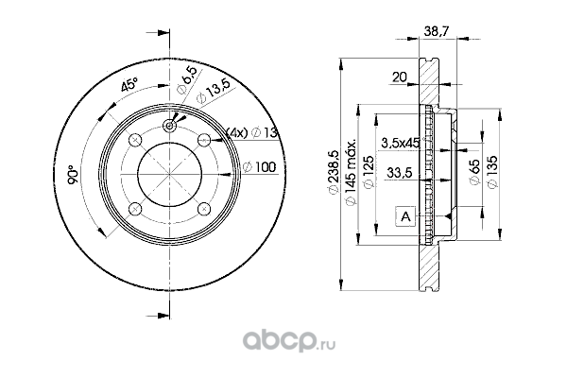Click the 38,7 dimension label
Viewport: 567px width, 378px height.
436,31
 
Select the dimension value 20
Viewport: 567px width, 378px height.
400,77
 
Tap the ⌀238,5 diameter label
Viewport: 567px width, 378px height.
334,171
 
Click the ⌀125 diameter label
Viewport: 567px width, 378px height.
369,172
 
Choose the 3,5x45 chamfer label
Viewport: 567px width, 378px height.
401,143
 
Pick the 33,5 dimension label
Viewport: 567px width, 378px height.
400,173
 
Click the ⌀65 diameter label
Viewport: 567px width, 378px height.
474,172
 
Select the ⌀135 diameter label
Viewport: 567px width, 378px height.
492,172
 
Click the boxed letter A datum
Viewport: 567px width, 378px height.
405,216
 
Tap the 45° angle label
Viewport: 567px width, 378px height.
129,84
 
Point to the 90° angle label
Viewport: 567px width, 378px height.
73,175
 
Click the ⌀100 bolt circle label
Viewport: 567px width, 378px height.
259,167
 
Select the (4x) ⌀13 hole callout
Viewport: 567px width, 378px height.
251,133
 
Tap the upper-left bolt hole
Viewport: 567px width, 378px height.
135,140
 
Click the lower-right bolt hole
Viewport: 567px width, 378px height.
204,208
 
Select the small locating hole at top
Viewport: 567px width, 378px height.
169,126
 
